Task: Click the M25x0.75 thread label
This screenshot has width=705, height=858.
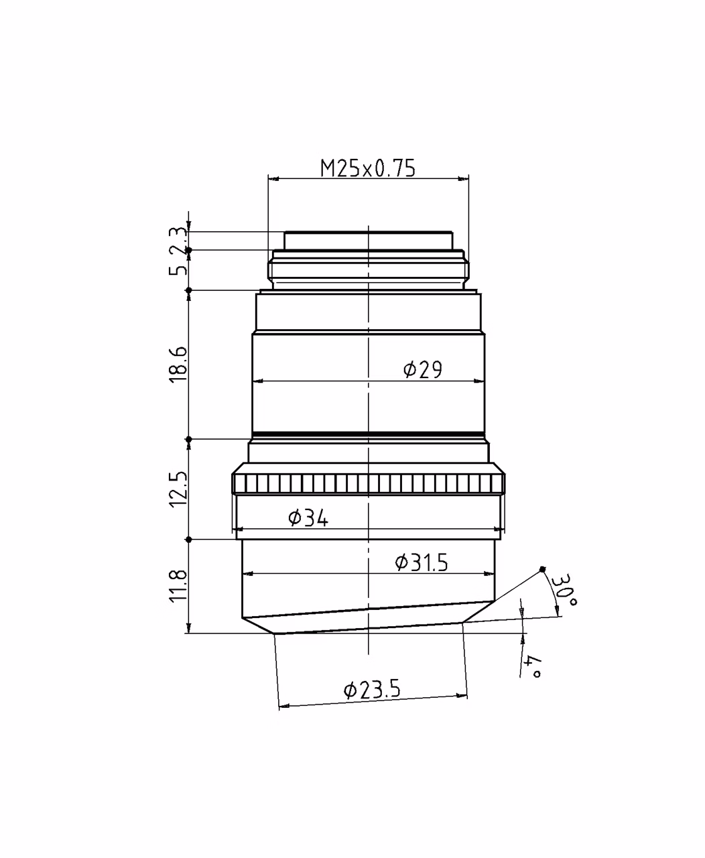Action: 368,168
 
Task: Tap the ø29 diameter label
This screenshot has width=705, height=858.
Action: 423,369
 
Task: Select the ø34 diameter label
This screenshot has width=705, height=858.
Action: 308,518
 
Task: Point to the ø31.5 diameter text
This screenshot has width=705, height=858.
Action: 422,562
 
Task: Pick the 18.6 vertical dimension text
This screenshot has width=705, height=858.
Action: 178,363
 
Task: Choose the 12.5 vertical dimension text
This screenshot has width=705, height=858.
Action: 178,489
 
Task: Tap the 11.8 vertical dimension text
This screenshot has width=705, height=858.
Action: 178,586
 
